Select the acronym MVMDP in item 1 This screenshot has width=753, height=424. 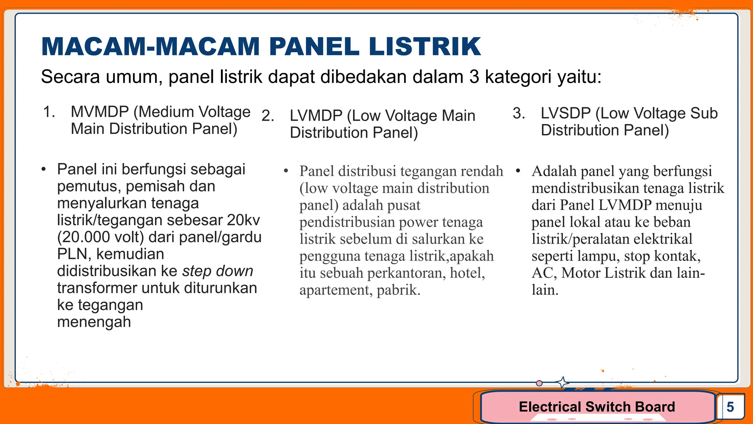(x=100, y=112)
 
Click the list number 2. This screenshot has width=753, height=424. (x=268, y=116)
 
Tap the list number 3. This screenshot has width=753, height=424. (x=519, y=113)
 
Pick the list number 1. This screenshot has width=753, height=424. (x=49, y=112)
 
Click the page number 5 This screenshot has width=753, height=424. (x=730, y=407)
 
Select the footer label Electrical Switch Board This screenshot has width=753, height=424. (x=597, y=407)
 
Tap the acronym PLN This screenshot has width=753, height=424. (x=72, y=254)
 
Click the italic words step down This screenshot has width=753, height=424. (x=218, y=271)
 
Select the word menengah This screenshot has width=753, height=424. (x=94, y=322)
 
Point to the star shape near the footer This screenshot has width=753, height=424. (x=562, y=382)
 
